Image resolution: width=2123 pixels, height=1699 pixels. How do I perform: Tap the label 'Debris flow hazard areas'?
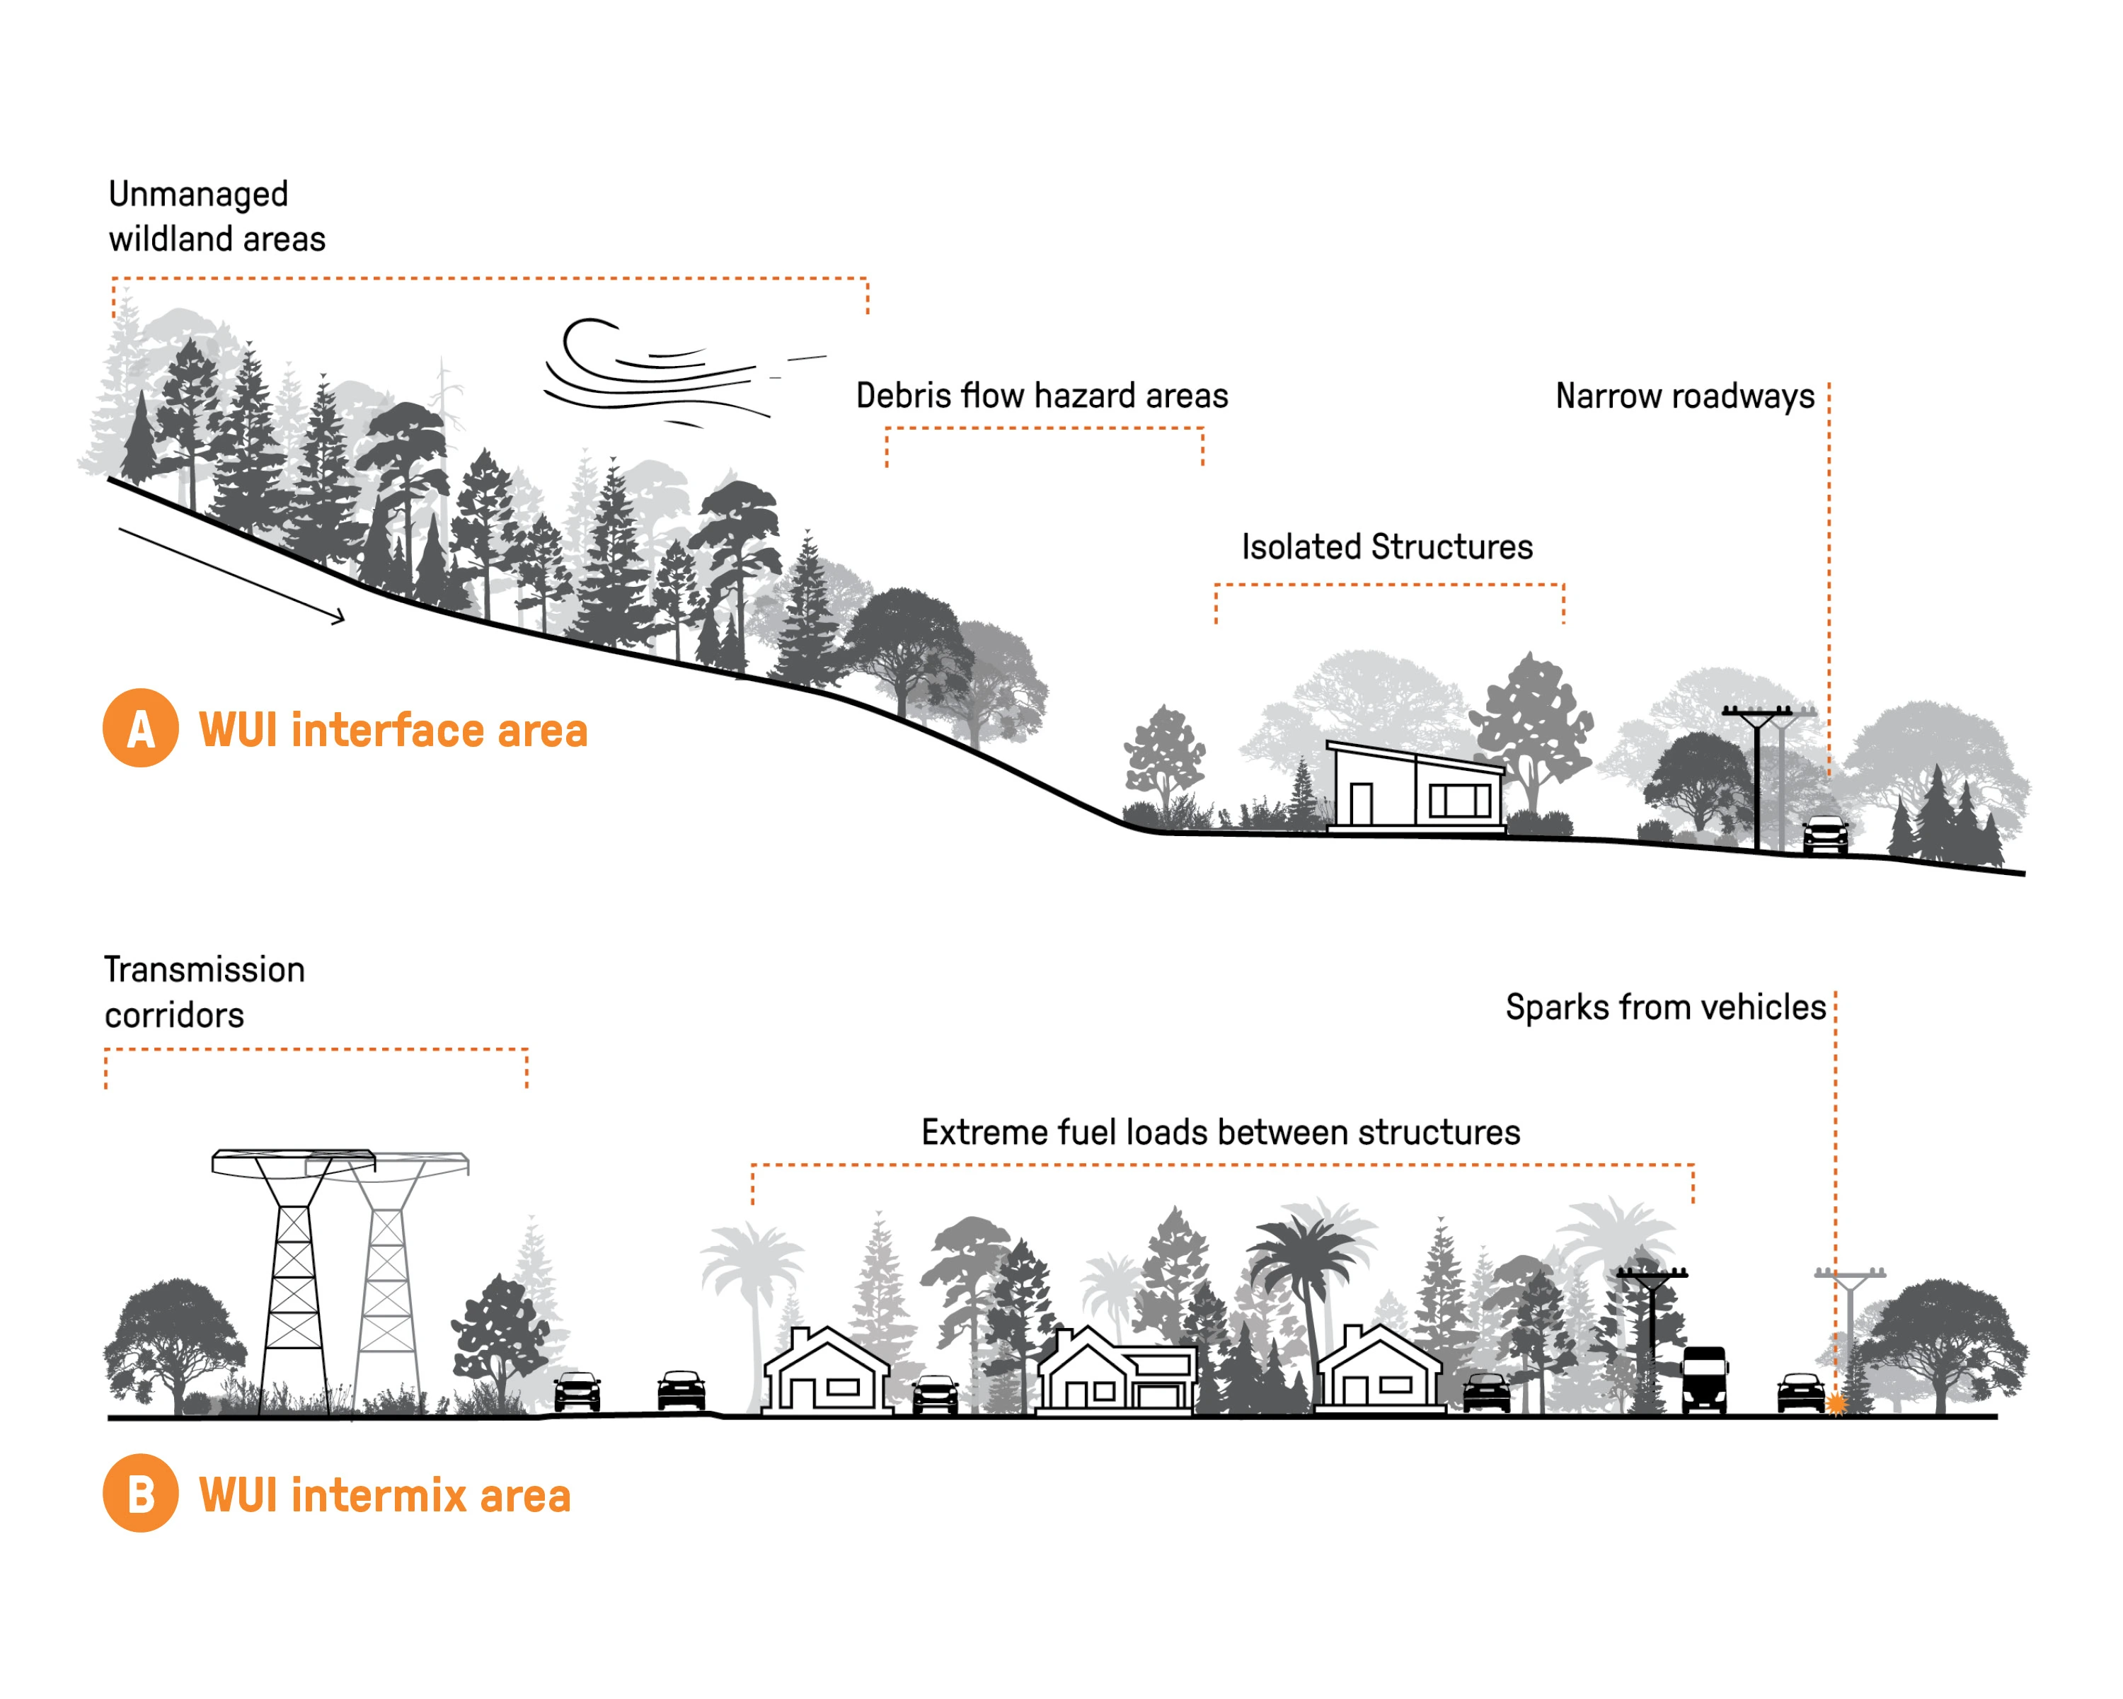[1042, 396]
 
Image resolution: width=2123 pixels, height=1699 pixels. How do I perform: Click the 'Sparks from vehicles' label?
[1665, 1007]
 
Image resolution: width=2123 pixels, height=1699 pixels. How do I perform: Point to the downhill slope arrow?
[231, 576]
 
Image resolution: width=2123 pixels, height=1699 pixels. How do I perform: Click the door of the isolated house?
[1361, 803]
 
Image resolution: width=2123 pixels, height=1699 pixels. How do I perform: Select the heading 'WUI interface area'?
[393, 731]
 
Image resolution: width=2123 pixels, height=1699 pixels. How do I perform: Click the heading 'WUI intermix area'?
[385, 1495]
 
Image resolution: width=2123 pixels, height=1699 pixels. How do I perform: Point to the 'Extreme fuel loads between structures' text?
[1220, 1132]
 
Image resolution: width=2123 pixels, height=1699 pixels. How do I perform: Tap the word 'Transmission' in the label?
[205, 969]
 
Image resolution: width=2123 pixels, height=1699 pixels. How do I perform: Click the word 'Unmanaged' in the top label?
[198, 194]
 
